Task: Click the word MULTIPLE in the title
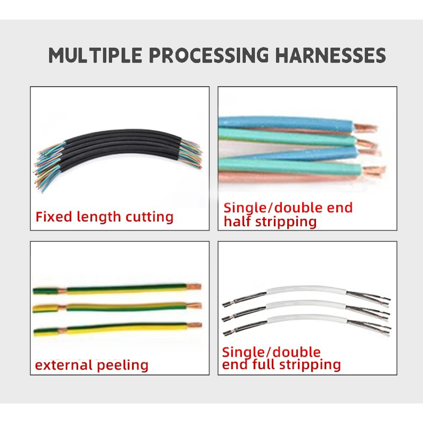coord(96,55)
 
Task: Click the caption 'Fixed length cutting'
coord(104,216)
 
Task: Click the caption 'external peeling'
coord(91,364)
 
